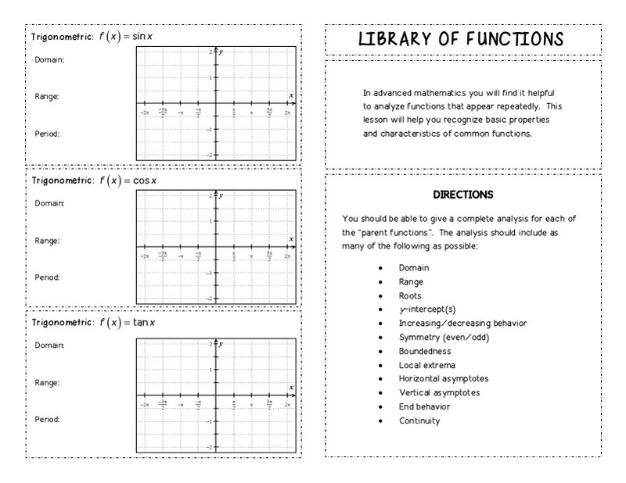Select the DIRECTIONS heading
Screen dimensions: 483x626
[x=462, y=195]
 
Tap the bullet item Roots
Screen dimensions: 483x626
[x=410, y=296]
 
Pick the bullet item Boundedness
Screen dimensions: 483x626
[x=425, y=351]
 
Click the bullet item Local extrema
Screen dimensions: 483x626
[x=426, y=365]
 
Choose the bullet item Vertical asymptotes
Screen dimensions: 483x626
[x=439, y=392]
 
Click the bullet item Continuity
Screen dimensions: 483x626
[x=419, y=420]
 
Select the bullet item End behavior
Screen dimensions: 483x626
[x=424, y=406]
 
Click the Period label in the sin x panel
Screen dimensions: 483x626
[x=48, y=134]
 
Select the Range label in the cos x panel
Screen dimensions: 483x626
[x=47, y=241]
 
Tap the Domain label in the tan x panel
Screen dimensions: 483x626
[x=49, y=345]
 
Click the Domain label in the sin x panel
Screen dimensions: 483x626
[x=49, y=59]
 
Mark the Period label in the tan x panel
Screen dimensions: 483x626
[x=48, y=419]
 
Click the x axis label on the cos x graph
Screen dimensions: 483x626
[x=291, y=238]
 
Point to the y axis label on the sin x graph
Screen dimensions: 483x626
[x=221, y=52]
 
